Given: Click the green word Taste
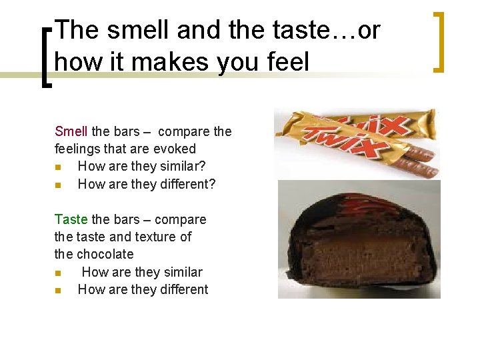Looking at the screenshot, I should click(71, 219).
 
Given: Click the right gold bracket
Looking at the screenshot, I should click(438, 41).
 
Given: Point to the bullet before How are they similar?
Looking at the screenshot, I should click(58, 167).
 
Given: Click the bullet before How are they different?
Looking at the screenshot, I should click(58, 185).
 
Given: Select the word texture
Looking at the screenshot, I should click(153, 237).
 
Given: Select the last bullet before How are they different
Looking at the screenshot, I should click(58, 290).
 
